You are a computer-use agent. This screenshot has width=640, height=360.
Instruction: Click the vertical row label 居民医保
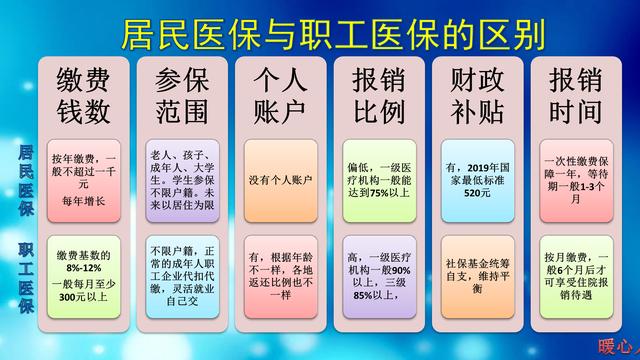[x=23, y=181]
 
